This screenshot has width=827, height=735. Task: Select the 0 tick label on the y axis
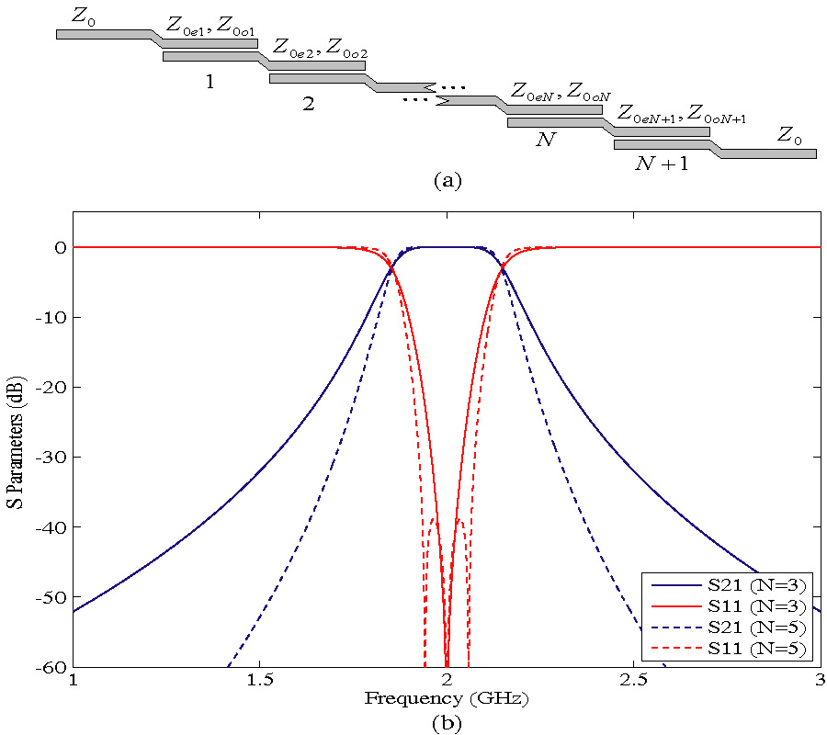(60, 247)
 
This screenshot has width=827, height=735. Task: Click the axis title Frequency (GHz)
(447, 699)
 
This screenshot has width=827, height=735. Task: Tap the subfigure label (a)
(447, 180)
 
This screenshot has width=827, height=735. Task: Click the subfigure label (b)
(447, 722)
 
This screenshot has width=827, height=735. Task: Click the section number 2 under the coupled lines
(309, 103)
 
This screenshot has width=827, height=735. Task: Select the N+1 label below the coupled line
(662, 164)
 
